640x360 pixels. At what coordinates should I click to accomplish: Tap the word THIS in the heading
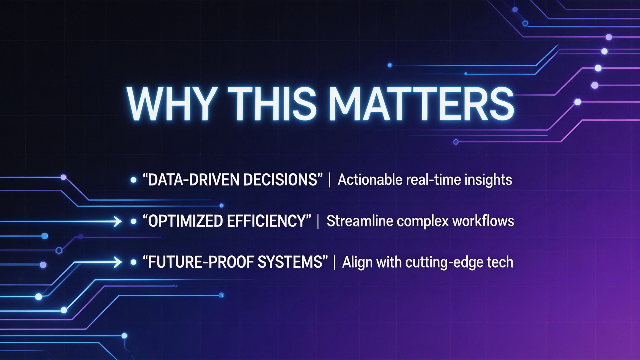coord(273,104)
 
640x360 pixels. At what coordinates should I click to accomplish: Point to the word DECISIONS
coord(280,180)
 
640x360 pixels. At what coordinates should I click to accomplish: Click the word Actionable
coord(370,180)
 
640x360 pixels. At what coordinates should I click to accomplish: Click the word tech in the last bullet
coord(500,262)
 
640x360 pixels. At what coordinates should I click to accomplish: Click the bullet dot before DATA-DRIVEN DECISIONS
coord(133,180)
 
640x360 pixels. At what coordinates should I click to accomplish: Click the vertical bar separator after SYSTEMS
coord(334,262)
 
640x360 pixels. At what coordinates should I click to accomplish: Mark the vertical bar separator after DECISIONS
coord(330,180)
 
